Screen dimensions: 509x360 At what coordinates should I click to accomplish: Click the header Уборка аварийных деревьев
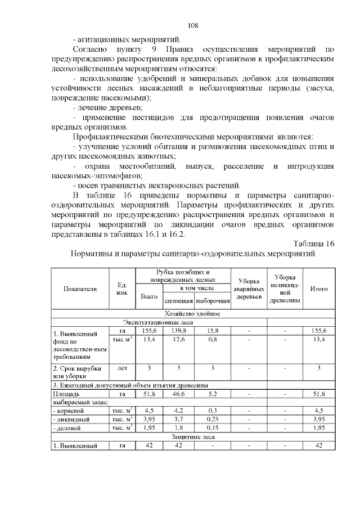click(249, 288)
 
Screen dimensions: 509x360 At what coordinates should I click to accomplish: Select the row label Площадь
click(66, 395)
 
